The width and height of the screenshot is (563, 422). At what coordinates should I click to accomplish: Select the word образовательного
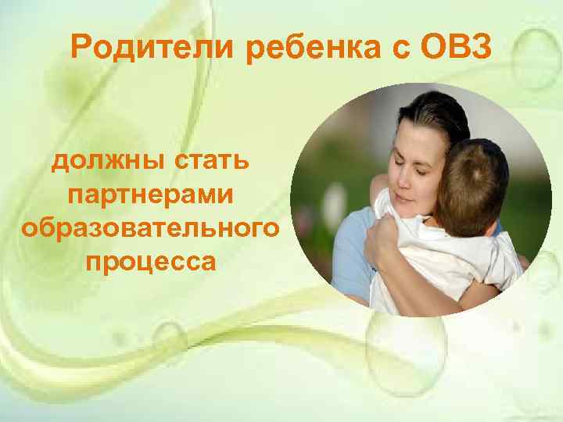150,228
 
